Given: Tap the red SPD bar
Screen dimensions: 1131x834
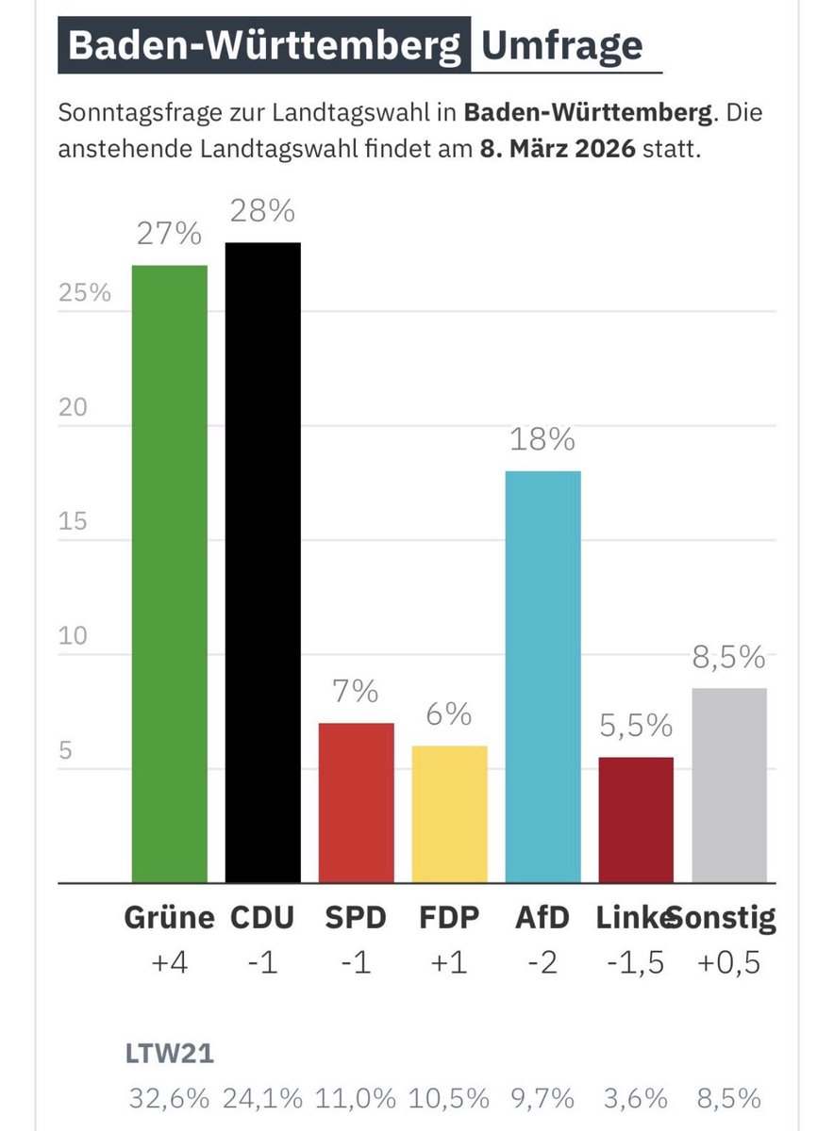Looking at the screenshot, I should pos(356,802).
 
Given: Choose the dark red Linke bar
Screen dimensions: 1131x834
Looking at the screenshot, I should pos(636,819).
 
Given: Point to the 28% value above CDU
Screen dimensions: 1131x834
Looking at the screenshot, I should pos(262,213).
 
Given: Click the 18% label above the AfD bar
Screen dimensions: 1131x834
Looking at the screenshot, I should pos(542,440).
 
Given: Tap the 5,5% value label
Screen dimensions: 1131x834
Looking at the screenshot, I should pos(636,726).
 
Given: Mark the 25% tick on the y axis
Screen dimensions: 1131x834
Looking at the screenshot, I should pos(85,293).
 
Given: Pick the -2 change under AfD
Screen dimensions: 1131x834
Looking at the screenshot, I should pos(542,963).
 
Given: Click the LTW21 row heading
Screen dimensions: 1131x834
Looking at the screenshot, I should pos(170,1054).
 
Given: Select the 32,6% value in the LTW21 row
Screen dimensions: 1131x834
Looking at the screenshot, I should pos(170,1099).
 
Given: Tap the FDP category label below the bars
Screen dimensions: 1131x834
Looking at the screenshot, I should pos(449,918).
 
